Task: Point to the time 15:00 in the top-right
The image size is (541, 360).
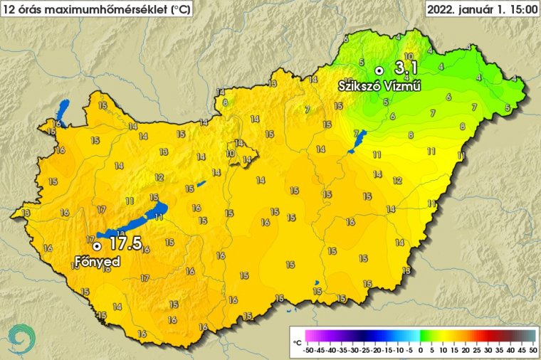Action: click(x=518, y=9)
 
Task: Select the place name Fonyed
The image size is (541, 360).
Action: click(x=97, y=262)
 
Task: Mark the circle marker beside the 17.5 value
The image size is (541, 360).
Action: click(x=96, y=246)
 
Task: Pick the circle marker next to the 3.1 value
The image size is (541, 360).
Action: click(x=379, y=70)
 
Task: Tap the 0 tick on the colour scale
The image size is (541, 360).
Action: click(x=420, y=350)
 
